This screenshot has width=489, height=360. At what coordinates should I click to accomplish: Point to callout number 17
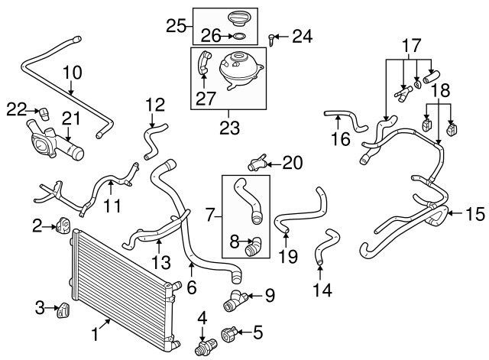(x=413, y=45)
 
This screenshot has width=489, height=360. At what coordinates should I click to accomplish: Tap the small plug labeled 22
(x=44, y=112)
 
